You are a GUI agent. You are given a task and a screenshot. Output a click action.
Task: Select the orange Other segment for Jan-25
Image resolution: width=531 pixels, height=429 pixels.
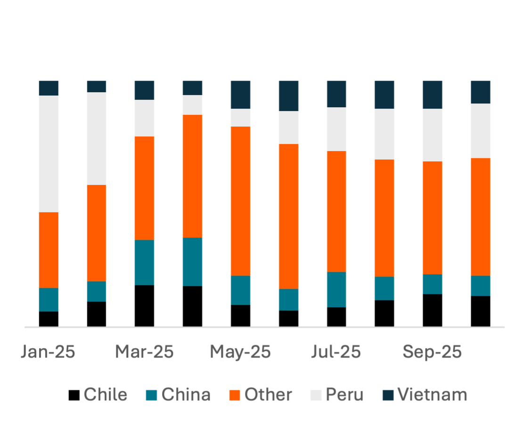[x=49, y=250]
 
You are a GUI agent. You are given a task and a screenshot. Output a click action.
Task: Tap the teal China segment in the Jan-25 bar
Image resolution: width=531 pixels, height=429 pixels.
[x=49, y=300]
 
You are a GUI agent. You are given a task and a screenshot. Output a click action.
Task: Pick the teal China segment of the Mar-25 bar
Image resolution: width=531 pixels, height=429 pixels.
[x=144, y=262]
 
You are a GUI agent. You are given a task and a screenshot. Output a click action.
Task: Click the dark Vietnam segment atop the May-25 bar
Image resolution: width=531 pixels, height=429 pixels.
[x=240, y=95]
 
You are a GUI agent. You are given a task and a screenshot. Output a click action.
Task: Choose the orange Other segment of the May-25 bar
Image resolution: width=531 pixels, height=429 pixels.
[x=240, y=201]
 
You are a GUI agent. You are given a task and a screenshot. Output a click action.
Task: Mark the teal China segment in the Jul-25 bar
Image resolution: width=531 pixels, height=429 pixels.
[x=336, y=289]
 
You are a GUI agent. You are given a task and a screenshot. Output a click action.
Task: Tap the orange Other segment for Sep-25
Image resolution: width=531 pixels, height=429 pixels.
[x=432, y=218]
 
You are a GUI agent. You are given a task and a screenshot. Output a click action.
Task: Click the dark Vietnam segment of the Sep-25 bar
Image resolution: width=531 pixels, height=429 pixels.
[x=432, y=95]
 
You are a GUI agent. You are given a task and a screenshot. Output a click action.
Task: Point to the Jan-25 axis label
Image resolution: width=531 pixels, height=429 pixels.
[x=48, y=352]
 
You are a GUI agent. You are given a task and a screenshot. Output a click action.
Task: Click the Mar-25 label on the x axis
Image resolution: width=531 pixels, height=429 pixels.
[x=145, y=352]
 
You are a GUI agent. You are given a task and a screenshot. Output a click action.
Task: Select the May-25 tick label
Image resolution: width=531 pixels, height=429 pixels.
[x=240, y=352]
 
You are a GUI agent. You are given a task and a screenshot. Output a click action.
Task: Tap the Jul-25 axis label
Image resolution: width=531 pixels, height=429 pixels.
[x=336, y=352]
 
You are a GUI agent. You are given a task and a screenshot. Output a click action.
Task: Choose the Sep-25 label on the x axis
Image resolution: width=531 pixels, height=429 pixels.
[x=432, y=352]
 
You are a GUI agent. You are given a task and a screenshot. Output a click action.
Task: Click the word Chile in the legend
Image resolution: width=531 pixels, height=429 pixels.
[x=106, y=395]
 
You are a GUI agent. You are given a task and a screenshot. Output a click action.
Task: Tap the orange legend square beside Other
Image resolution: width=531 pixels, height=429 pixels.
[x=235, y=395]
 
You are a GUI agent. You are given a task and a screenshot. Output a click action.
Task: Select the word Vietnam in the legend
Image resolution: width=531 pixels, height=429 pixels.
[x=433, y=395]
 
